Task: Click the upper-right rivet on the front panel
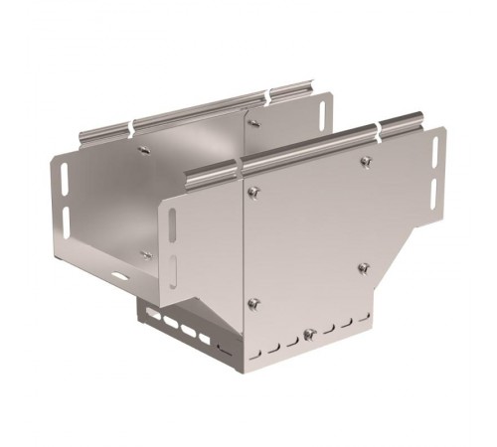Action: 366,162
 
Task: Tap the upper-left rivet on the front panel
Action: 252,192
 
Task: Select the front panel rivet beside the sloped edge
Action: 363,267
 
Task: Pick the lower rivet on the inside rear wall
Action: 147,255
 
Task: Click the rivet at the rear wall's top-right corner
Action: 253,123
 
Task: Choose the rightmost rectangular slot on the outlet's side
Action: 204,339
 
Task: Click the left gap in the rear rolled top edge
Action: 132,127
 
